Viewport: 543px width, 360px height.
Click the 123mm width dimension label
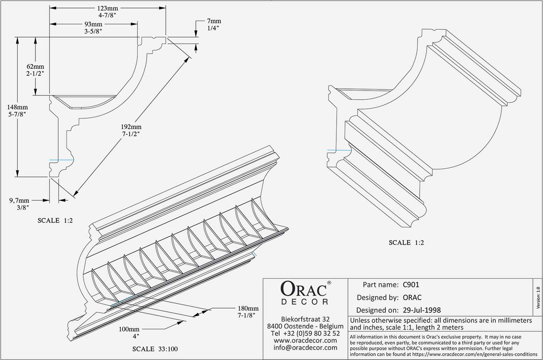[x=108, y=8]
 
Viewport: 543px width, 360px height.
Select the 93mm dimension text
[x=93, y=24]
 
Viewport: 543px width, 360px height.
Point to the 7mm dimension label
[x=214, y=21]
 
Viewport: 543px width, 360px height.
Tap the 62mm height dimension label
[x=35, y=67]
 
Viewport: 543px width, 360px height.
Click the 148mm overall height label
[x=18, y=107]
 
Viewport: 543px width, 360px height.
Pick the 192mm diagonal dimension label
[x=131, y=127]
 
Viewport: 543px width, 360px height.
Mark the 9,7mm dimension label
[x=19, y=200]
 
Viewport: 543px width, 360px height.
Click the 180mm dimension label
[x=248, y=308]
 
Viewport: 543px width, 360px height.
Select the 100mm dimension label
[x=129, y=329]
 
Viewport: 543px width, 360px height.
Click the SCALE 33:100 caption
[x=155, y=349]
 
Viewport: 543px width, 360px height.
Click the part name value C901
[x=411, y=285]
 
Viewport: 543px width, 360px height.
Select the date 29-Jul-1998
[x=422, y=310]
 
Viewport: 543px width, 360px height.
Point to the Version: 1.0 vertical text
[x=538, y=298]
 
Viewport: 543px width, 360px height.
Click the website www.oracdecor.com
[x=305, y=340]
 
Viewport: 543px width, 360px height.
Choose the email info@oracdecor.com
[x=305, y=347]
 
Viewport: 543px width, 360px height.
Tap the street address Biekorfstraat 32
[x=305, y=319]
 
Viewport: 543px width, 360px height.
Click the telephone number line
[x=305, y=333]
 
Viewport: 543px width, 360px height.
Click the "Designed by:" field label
[x=377, y=298]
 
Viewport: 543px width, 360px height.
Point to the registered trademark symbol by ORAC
[x=329, y=283]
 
